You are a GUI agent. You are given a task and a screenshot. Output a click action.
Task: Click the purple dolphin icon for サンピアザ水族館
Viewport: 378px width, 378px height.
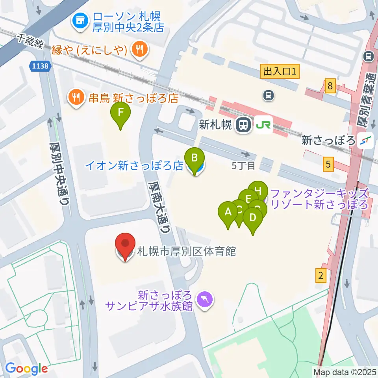tap(205, 300)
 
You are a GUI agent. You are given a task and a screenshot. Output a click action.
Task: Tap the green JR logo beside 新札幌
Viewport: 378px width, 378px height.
tap(263, 125)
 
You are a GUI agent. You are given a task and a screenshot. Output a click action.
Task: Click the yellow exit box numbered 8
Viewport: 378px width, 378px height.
tap(330, 85)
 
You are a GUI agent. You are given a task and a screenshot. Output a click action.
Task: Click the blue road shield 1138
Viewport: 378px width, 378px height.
tap(41, 67)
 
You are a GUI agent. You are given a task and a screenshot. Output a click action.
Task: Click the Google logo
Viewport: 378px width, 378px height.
tap(26, 368)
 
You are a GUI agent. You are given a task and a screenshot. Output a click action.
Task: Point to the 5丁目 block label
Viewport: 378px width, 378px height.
tap(243, 165)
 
